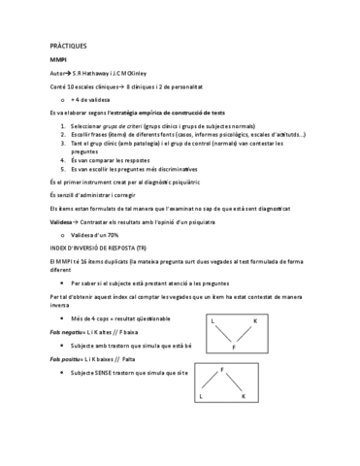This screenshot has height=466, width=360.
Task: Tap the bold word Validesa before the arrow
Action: pyautogui.click(x=64, y=221)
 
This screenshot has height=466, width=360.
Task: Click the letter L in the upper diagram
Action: pyautogui.click(x=213, y=319)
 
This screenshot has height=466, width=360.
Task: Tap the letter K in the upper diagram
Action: pyautogui.click(x=254, y=319)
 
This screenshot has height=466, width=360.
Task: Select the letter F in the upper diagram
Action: pyautogui.click(x=234, y=345)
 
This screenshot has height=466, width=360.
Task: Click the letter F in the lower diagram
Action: pyautogui.click(x=223, y=370)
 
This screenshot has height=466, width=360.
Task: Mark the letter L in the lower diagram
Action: pyautogui.click(x=201, y=395)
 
